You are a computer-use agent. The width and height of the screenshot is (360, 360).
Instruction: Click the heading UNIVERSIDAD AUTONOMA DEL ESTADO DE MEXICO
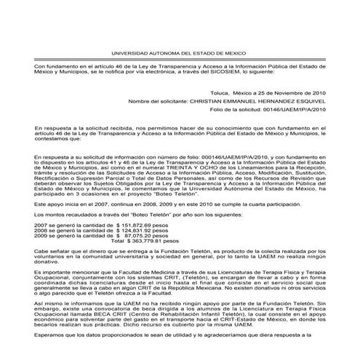tap(180, 54)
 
